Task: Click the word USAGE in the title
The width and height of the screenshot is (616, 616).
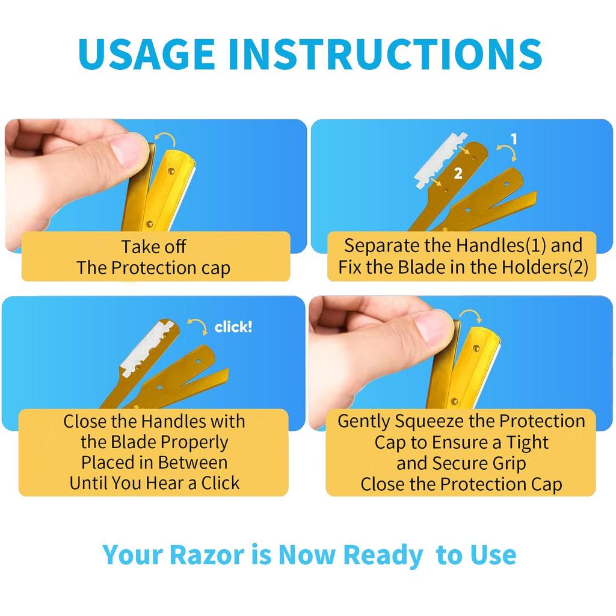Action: (146, 54)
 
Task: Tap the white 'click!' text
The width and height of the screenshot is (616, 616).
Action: (233, 327)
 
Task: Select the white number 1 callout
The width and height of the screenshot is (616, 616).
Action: (514, 139)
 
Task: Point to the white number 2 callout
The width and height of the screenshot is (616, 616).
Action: (458, 173)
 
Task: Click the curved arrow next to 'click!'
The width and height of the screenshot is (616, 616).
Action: (197, 325)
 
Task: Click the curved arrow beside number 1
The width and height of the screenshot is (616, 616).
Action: (507, 152)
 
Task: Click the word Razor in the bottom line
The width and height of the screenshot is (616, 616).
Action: (208, 555)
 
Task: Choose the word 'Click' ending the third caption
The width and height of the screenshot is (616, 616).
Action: (220, 483)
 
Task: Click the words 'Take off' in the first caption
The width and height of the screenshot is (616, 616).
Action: (153, 247)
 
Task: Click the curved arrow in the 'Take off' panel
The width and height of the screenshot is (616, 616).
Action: (165, 139)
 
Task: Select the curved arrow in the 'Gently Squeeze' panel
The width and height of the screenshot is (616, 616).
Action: (472, 314)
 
